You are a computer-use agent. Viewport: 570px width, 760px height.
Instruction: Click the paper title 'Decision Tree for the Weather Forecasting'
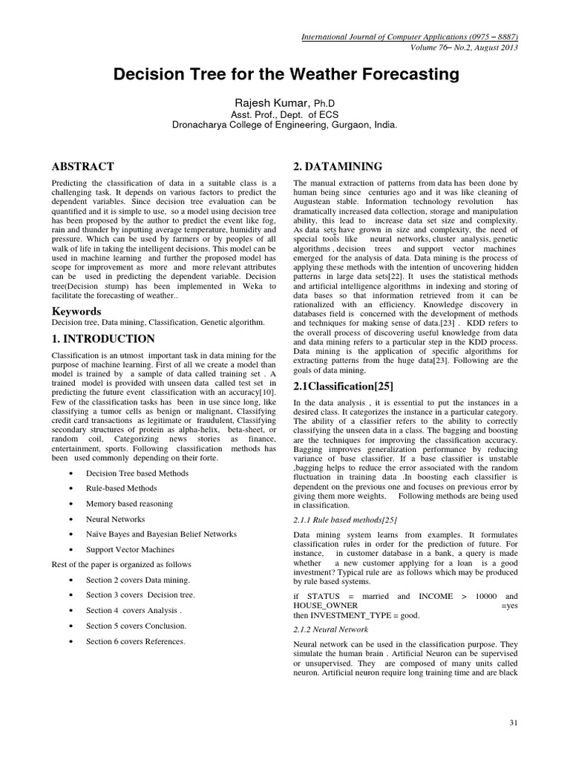click(286, 75)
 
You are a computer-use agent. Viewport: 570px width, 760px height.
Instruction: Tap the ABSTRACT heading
click(82, 166)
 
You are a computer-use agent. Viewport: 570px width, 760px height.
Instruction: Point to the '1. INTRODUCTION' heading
click(103, 338)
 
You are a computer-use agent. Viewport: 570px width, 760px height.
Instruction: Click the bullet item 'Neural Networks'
click(115, 519)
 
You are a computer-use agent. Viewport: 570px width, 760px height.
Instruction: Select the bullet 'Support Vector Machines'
click(130, 549)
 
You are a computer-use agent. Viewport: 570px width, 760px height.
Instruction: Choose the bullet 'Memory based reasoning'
click(129, 503)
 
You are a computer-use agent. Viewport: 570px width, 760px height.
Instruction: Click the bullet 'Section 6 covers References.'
click(135, 641)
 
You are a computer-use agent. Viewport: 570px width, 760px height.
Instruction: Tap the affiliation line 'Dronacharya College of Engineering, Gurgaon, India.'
click(285, 125)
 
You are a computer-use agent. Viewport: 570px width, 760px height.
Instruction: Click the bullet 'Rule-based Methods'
click(122, 488)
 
